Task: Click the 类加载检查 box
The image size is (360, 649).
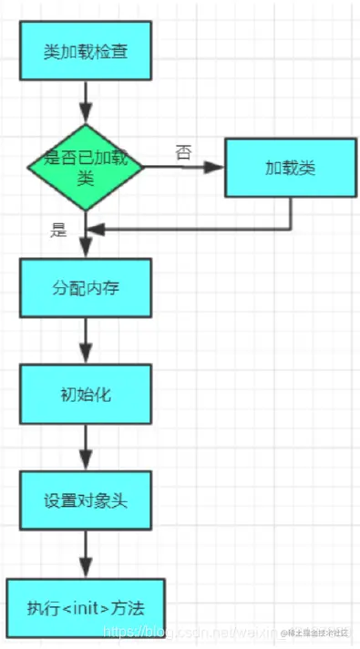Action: point(86,51)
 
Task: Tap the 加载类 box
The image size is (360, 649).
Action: point(291,169)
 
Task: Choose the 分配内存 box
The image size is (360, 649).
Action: point(86,287)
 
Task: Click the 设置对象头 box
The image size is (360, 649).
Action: point(86,500)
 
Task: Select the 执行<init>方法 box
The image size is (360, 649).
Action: point(86,605)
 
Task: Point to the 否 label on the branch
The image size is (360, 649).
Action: point(183,152)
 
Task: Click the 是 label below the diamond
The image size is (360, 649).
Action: point(59,230)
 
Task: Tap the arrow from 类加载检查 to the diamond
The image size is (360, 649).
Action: point(86,101)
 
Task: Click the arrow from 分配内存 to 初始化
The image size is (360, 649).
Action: point(86,342)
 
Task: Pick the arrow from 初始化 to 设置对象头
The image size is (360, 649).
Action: point(86,448)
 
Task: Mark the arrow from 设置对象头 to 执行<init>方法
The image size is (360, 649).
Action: point(86,553)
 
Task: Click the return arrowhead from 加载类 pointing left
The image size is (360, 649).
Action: point(97,229)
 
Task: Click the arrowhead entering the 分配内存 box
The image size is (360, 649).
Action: point(86,252)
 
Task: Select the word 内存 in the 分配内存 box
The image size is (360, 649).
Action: point(103,287)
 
